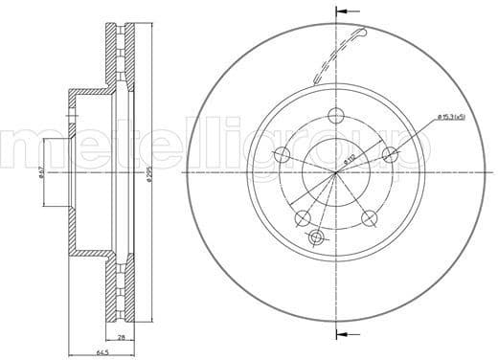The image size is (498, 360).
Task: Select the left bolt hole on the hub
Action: [x=281, y=155]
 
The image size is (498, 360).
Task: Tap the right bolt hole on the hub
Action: [x=390, y=155]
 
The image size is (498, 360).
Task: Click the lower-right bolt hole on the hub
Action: [x=369, y=219]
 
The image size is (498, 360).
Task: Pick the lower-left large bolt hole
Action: [x=302, y=219]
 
